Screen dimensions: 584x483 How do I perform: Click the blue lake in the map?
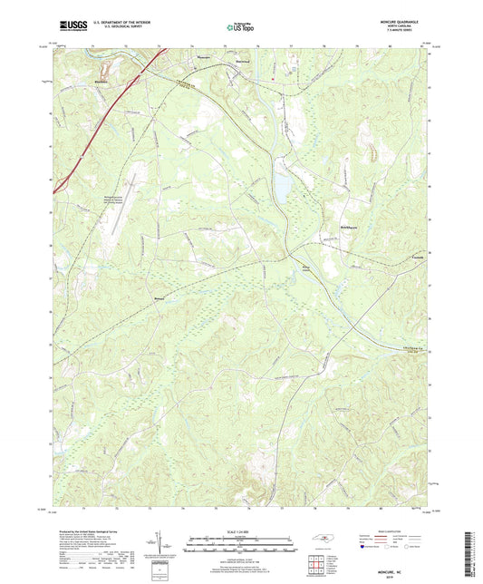pos(283,188)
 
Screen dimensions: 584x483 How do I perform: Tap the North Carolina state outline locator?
pos(324,541)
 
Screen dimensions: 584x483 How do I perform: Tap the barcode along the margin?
pos(473,548)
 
